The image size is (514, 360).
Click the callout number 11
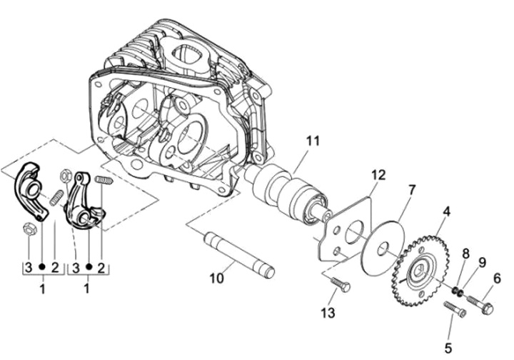pyautogui.click(x=313, y=142)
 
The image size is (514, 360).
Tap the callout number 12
pyautogui.click(x=378, y=176)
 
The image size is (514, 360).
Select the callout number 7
pyautogui.click(x=412, y=190)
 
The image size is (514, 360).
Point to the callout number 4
pyautogui.click(x=446, y=212)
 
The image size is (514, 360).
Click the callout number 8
pyautogui.click(x=465, y=254)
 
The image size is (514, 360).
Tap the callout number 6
pyautogui.click(x=497, y=279)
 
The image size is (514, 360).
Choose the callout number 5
pyautogui.click(x=448, y=348)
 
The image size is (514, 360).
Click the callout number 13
pyautogui.click(x=328, y=312)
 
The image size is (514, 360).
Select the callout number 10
pyautogui.click(x=217, y=278)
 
